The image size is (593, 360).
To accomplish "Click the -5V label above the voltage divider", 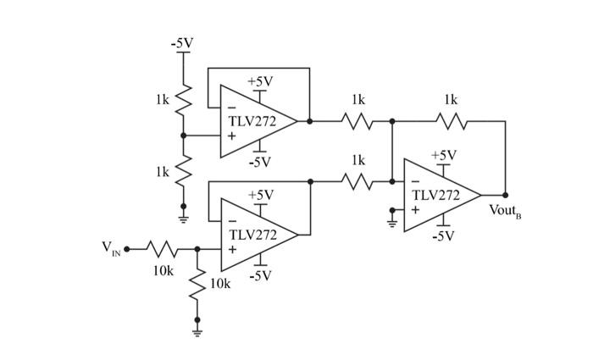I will [183, 43].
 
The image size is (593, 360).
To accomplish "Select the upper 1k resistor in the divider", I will [183, 101].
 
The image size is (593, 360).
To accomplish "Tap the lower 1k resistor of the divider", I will [183, 172].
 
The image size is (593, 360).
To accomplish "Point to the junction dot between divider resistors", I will [183, 135].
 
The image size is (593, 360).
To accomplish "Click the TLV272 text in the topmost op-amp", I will [252, 121].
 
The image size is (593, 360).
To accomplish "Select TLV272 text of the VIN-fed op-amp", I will [252, 234].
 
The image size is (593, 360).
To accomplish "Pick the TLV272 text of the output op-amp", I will [435, 195].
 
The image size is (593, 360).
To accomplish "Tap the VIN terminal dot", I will [127, 249].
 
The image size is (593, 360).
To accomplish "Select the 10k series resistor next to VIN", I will [162, 249].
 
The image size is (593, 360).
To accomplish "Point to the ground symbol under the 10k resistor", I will [197, 330].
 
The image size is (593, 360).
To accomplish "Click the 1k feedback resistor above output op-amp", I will [451, 121].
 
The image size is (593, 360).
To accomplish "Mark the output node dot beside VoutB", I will [506, 195].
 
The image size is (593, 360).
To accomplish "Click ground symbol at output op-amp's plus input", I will [391, 223].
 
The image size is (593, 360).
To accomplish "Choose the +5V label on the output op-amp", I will [443, 155].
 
